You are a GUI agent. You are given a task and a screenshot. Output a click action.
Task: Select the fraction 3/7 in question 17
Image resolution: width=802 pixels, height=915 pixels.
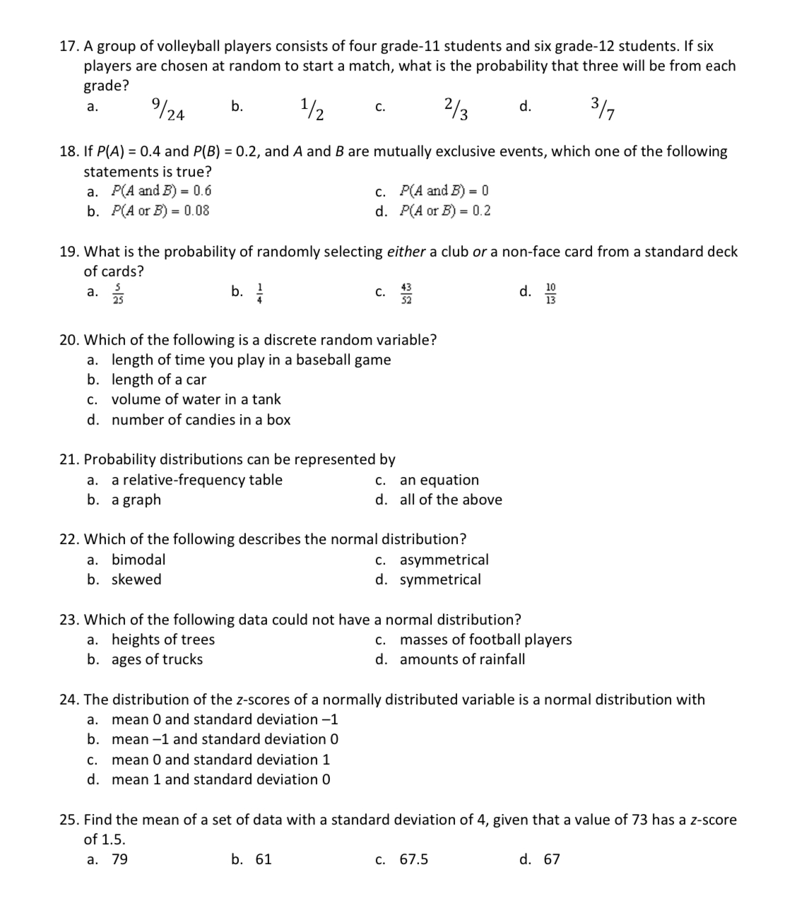pos(603,109)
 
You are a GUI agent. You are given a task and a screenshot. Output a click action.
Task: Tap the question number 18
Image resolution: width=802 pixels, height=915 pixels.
pos(69,151)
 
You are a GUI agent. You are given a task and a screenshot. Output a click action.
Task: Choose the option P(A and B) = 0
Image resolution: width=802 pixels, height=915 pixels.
pos(444,191)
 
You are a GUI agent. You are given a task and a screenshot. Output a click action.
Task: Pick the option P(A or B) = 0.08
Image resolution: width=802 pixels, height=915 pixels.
pos(160,211)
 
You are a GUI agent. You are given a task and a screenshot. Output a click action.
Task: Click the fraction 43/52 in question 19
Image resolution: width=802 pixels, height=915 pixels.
pos(406,292)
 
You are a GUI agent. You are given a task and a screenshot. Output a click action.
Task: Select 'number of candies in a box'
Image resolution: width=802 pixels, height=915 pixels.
pos(201,420)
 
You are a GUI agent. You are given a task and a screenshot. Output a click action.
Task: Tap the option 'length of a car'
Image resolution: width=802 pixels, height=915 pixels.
pos(159,379)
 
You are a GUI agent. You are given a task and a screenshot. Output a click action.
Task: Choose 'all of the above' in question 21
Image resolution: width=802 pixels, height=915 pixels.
pos(451,500)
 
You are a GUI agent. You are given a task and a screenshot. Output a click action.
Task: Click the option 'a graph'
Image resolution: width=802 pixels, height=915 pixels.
pos(136,500)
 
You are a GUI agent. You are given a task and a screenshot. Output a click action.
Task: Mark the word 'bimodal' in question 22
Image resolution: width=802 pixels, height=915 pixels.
pos(138,560)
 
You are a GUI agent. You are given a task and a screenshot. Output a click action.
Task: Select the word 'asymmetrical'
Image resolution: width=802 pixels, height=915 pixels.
pos(444,560)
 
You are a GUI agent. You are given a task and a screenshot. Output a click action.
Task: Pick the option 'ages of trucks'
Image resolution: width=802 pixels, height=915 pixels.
pos(157,659)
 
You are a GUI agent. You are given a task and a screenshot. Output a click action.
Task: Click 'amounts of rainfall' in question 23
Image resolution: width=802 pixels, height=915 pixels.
pos(462,659)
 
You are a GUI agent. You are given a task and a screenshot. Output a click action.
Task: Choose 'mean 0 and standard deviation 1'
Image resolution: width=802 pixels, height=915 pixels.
pos(220,760)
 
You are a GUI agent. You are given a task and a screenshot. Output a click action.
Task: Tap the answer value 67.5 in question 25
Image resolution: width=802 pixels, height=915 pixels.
pos(413,859)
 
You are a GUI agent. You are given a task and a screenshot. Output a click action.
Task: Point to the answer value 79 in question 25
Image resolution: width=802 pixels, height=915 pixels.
pos(120,859)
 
